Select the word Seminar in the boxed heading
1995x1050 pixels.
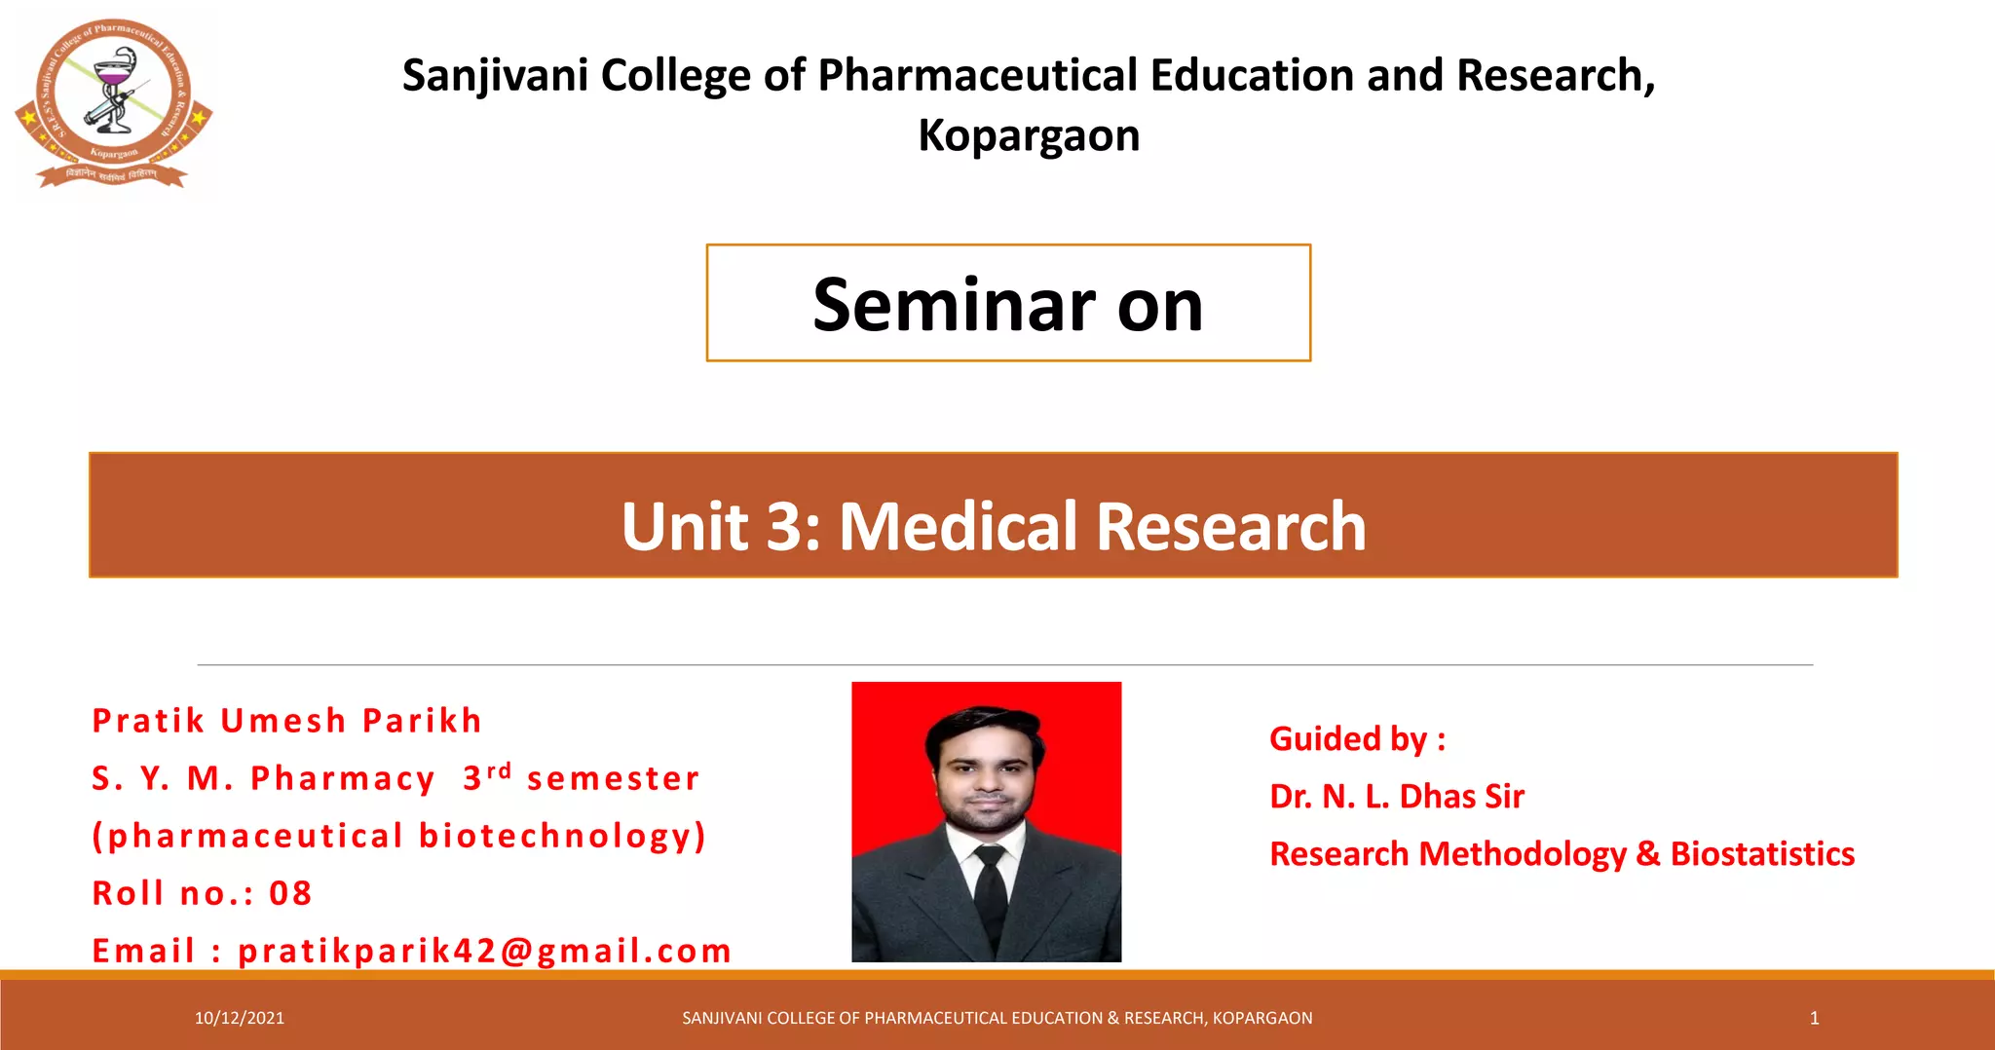coord(955,305)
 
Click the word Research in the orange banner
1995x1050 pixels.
coord(1231,526)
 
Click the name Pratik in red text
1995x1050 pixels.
coord(148,721)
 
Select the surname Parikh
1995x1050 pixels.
coord(422,721)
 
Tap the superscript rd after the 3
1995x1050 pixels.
coord(499,770)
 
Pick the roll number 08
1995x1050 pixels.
coord(290,893)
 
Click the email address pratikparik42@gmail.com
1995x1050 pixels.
coord(484,951)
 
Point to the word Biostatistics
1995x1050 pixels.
coord(1762,854)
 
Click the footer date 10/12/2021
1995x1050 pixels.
coord(240,1018)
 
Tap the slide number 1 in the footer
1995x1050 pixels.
coord(1814,1018)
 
